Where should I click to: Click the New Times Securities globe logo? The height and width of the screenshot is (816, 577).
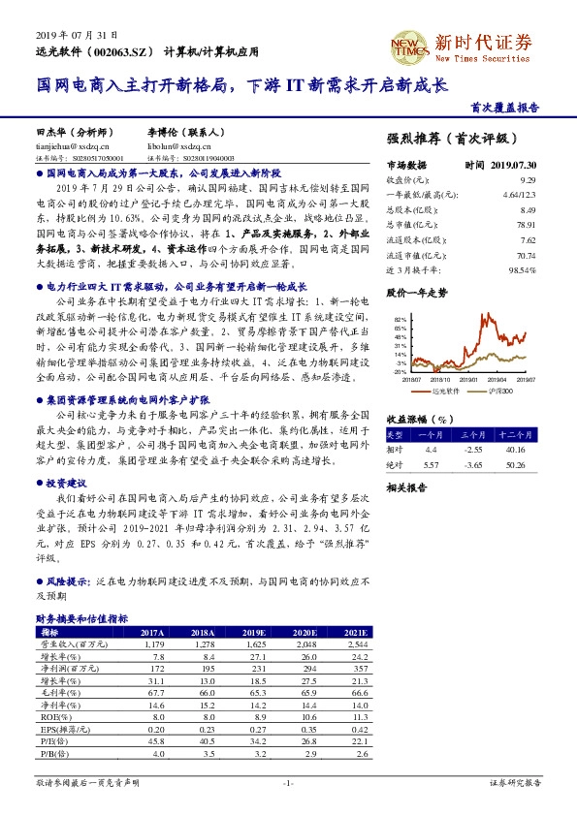(409, 44)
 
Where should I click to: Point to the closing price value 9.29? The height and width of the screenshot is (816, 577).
(528, 180)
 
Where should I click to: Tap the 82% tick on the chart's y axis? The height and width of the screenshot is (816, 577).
(401, 318)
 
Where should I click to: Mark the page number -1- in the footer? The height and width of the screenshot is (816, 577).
(287, 782)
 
